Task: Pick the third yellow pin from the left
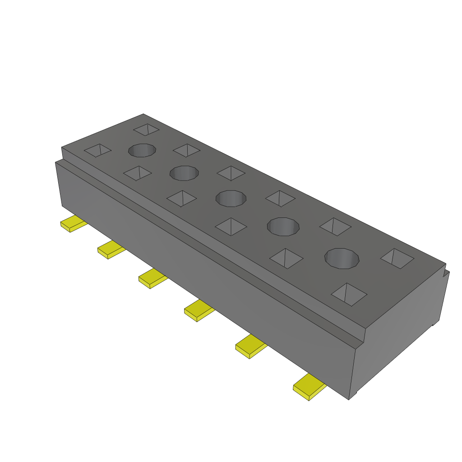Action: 151,279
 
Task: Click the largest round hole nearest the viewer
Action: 342,259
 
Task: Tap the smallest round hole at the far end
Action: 142,150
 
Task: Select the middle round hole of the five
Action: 231,199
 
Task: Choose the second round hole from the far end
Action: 184,172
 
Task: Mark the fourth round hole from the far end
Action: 283,226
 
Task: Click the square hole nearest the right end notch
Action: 397,258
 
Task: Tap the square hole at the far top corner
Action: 146,129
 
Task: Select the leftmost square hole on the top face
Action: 97,150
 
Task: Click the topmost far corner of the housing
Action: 143,114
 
